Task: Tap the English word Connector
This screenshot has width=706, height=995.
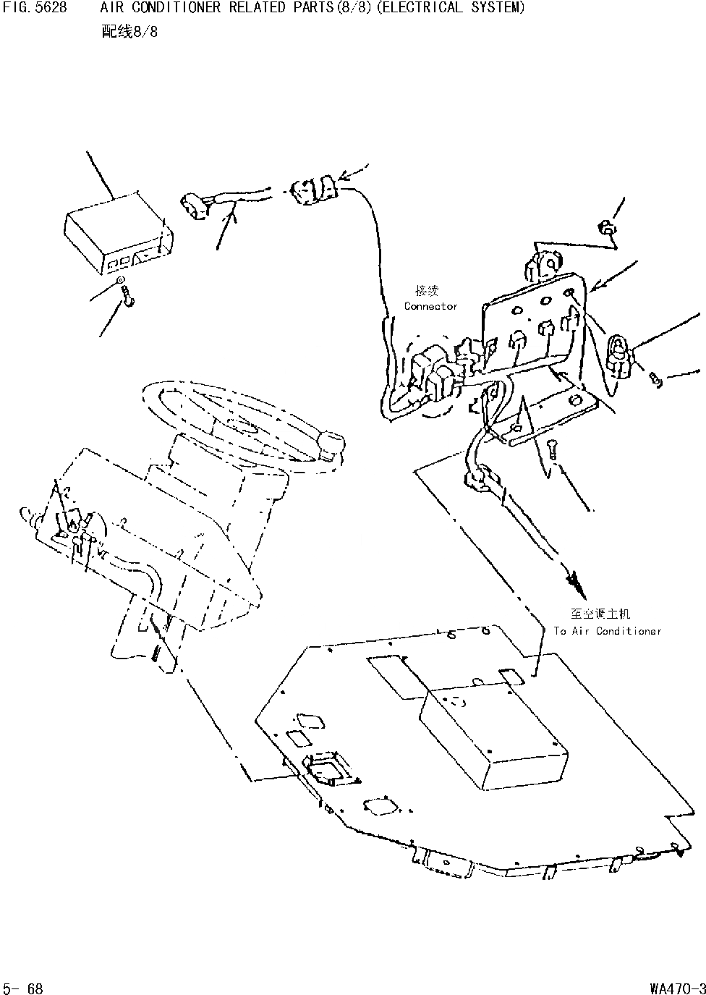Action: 430,306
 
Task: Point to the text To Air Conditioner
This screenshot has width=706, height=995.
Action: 608,631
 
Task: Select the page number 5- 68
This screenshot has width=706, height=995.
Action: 23,988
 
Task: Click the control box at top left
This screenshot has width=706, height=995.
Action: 118,231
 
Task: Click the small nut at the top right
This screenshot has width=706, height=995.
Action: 606,229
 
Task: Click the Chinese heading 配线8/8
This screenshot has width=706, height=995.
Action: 130,33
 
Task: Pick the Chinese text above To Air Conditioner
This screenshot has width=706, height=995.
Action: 600,614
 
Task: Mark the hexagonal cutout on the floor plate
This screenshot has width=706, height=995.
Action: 380,804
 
